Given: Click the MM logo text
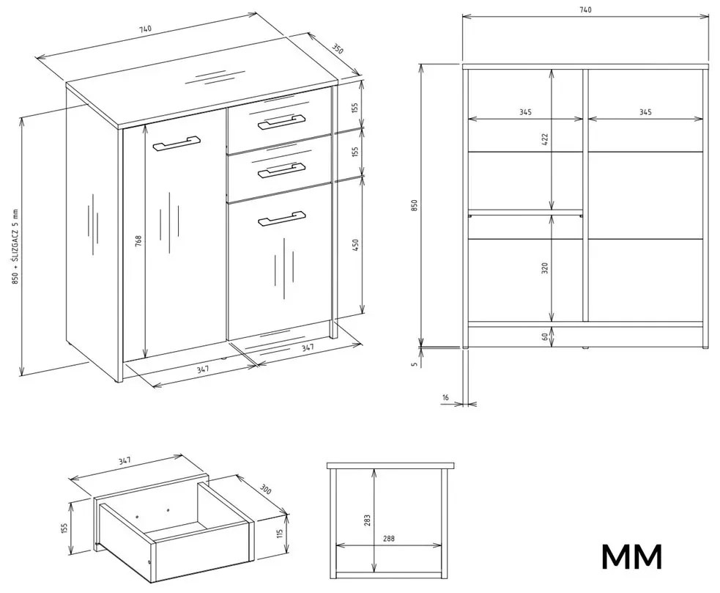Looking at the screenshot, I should [x=631, y=556].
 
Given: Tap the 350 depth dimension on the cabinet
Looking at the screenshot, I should [x=337, y=50].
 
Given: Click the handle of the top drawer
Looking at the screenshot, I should [x=281, y=122].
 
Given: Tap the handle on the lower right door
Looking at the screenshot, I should [x=281, y=218].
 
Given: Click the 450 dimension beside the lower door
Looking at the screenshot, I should [x=355, y=243].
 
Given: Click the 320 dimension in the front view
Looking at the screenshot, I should [x=545, y=268].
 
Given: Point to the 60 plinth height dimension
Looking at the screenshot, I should [x=545, y=336].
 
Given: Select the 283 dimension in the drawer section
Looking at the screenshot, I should [x=368, y=520].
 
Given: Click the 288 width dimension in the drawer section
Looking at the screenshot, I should [x=387, y=539].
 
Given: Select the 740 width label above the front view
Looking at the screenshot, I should [x=584, y=10].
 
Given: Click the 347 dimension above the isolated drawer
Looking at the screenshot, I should [x=125, y=461].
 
